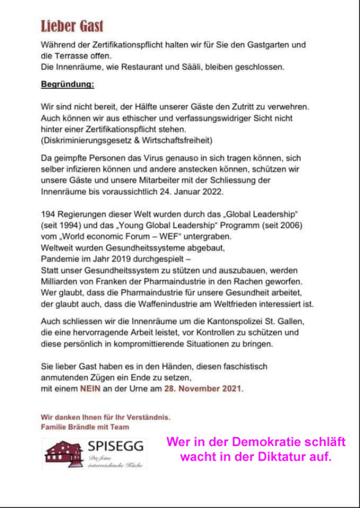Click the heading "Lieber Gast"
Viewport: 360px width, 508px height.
[x=72, y=26]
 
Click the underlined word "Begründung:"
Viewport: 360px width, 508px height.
[x=68, y=85]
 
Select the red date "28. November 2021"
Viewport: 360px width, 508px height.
[x=203, y=389]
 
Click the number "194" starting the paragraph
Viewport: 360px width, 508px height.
[x=48, y=215]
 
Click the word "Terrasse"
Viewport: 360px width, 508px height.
[x=75, y=55]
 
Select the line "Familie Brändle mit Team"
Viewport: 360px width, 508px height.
[x=85, y=427]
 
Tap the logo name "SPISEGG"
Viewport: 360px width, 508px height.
[x=115, y=447]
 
